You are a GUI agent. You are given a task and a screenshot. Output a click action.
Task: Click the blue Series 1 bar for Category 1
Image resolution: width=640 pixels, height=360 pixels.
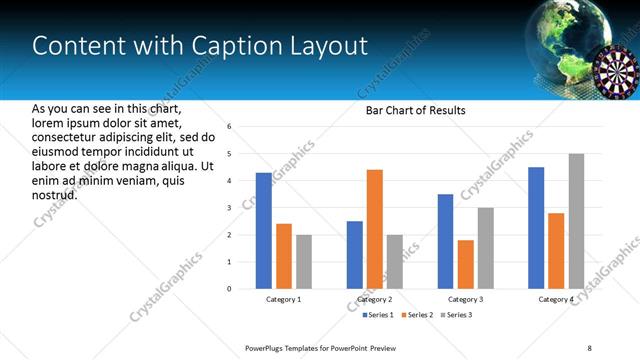(264, 231)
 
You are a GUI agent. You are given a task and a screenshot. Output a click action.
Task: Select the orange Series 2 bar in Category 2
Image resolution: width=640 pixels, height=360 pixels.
(375, 229)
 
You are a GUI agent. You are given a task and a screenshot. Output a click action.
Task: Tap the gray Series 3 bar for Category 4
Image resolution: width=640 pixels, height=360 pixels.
(576, 221)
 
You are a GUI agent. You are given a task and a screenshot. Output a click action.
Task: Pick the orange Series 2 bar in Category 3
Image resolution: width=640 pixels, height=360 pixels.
(465, 264)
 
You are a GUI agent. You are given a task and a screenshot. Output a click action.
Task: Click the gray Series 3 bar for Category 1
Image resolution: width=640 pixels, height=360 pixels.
(303, 262)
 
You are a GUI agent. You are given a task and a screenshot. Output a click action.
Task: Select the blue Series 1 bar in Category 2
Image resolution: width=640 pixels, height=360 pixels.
(355, 255)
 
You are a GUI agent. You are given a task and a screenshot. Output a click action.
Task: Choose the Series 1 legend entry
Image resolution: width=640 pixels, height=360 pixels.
(376, 315)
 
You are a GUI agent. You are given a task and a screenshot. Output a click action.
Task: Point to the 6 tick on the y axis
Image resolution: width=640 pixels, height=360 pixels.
(229, 127)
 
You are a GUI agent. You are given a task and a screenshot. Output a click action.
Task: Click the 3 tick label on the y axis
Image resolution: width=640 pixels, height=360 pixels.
(229, 208)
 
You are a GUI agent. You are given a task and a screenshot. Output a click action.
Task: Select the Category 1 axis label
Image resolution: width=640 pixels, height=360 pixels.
(284, 299)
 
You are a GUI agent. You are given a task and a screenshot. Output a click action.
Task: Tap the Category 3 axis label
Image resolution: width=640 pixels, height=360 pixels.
(465, 299)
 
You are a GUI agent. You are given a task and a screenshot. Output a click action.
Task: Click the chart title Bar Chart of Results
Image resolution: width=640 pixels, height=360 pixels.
(415, 110)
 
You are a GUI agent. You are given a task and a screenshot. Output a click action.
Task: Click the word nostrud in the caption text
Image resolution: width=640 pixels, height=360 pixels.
(54, 194)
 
